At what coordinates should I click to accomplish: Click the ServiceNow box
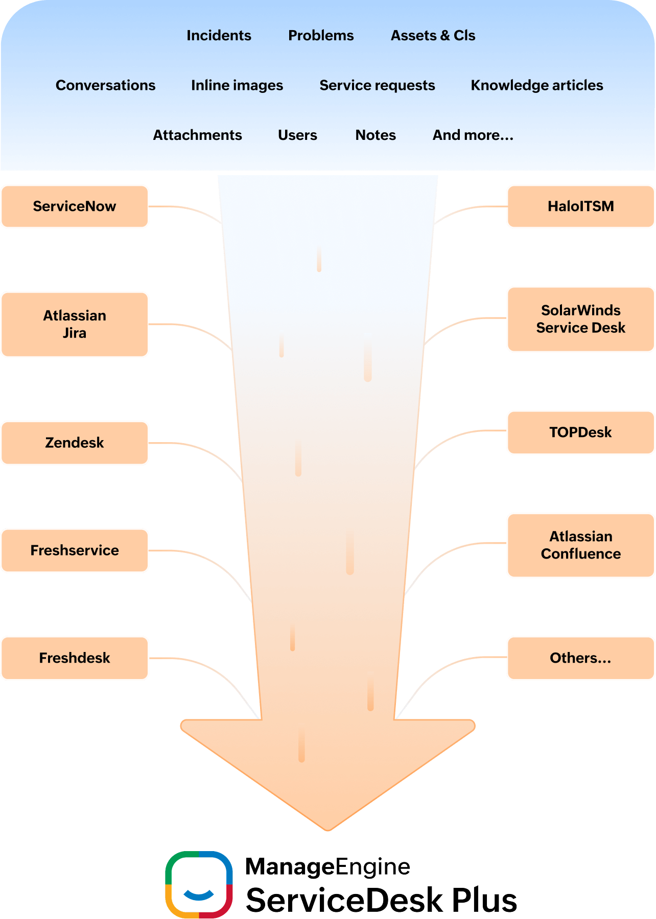click(x=75, y=206)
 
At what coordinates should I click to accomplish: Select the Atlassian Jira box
click(x=75, y=324)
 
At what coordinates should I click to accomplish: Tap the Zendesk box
click(x=75, y=443)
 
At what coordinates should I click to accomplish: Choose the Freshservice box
click(x=75, y=550)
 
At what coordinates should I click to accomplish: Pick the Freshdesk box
click(x=75, y=658)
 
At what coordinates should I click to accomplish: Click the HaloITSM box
click(x=580, y=206)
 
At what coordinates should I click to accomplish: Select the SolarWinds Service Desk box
click(x=580, y=319)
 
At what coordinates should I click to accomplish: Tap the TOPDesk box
click(x=580, y=432)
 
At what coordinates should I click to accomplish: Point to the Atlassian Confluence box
click(x=580, y=545)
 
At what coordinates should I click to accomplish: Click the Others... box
click(x=580, y=658)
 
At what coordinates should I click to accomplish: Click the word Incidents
click(x=219, y=35)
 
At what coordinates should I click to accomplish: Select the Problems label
click(x=321, y=35)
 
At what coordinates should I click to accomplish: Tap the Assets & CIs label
click(x=433, y=35)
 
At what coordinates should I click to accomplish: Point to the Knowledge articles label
click(x=537, y=85)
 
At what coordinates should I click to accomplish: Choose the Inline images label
click(x=237, y=85)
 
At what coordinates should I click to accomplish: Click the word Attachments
click(x=197, y=135)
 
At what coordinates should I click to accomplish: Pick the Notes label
click(x=376, y=135)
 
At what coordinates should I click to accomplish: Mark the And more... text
click(x=473, y=135)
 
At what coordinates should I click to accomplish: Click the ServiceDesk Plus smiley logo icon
click(x=199, y=884)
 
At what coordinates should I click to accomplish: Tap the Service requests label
click(x=377, y=85)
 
